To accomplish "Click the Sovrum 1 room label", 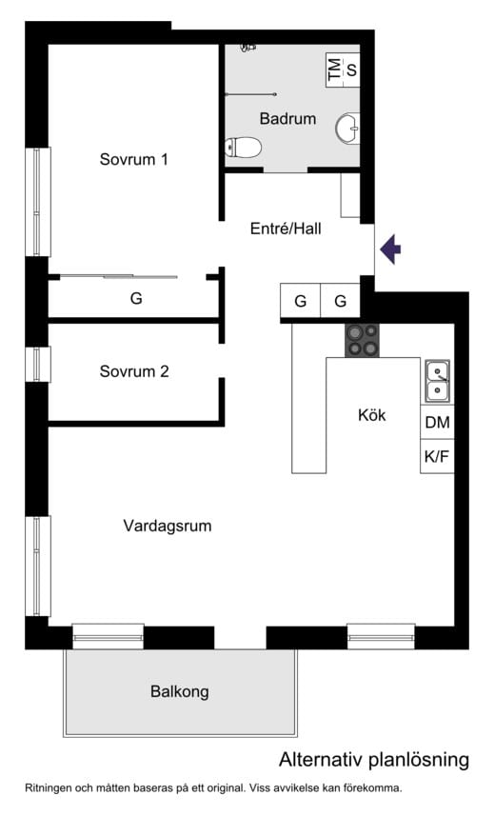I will (133, 160).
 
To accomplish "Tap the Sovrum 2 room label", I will (133, 371).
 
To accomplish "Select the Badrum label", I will (287, 119).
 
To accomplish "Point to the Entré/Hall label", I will (286, 229).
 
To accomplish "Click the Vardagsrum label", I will (168, 526).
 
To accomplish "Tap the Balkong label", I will (179, 692).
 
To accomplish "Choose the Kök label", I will (371, 415).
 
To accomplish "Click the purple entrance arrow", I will (390, 249).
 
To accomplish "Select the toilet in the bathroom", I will (244, 148).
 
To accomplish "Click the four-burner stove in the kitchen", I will (362, 340).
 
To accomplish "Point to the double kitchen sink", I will (437, 381).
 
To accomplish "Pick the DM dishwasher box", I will (437, 422).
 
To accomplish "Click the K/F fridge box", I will (437, 456).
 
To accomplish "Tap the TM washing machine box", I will (333, 69).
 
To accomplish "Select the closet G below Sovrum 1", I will (136, 298).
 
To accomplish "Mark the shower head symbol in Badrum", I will (249, 46).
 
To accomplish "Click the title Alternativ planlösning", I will (374, 760).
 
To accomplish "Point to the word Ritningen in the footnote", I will (49, 787).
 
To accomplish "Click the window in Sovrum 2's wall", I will (37, 364).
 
